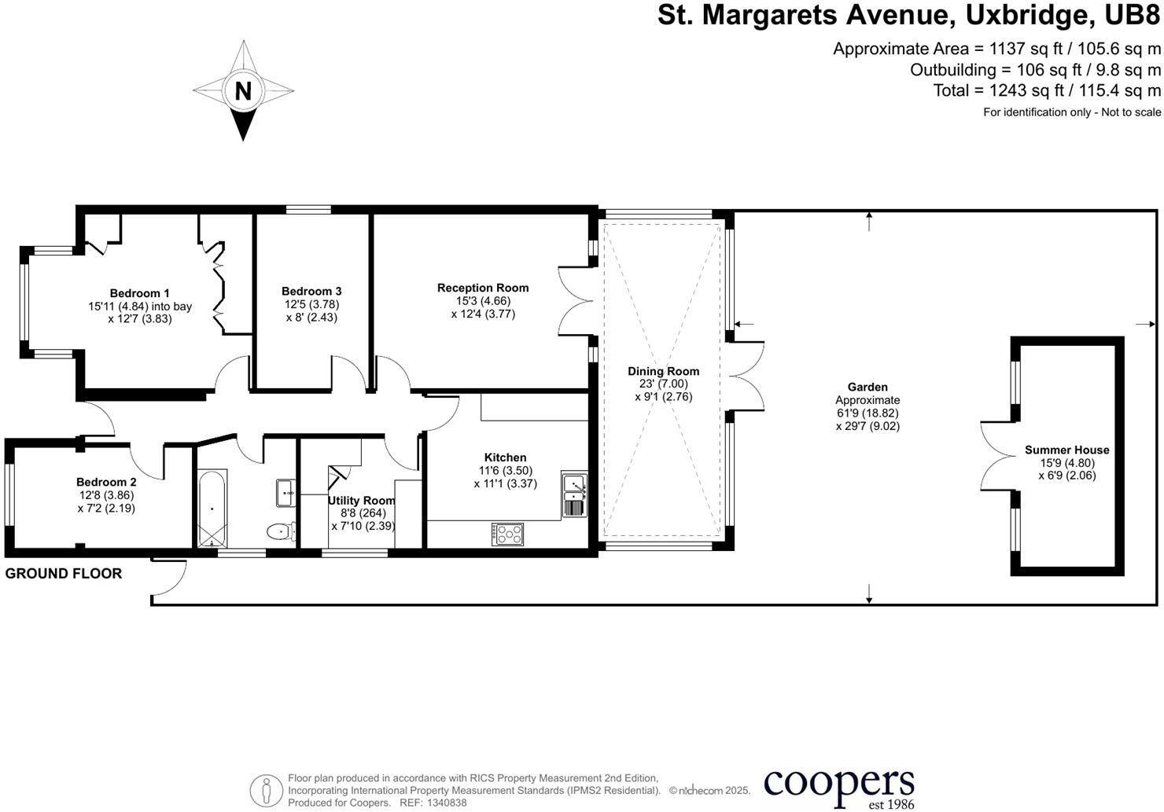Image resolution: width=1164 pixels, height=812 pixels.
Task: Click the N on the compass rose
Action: coord(243,91)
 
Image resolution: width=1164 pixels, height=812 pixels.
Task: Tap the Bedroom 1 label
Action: coord(140,293)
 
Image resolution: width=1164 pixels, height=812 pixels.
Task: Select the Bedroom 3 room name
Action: coord(311,291)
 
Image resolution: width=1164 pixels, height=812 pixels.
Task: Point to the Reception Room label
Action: coord(483,288)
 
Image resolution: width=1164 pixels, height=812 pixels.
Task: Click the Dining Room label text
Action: coord(663,371)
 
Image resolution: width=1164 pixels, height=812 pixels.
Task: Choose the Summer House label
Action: coord(1066,450)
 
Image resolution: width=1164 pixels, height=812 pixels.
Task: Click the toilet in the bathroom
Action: coord(281,531)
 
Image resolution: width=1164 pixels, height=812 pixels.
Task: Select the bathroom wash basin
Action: coord(285,493)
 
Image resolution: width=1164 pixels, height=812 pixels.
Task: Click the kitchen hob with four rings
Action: coord(508,534)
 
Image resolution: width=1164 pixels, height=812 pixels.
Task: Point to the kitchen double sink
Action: coord(574,494)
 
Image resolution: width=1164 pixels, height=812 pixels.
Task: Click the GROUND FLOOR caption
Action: coord(64,574)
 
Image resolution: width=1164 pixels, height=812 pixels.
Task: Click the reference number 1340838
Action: coord(447,803)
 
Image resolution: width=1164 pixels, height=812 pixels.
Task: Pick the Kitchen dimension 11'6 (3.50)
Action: coord(505,471)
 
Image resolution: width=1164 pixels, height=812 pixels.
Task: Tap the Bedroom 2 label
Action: coord(106,482)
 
